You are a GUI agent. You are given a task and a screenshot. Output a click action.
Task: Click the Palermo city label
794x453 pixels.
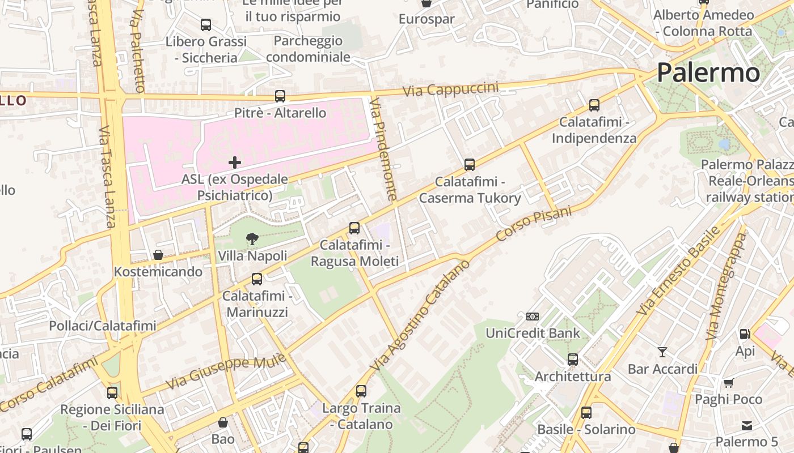708,73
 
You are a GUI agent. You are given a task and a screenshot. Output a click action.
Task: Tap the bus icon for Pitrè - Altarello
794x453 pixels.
280,96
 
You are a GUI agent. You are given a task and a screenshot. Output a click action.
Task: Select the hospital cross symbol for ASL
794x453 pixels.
234,163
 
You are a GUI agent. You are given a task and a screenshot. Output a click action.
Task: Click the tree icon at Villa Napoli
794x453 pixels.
252,239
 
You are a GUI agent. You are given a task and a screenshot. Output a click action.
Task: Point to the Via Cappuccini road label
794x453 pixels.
451,89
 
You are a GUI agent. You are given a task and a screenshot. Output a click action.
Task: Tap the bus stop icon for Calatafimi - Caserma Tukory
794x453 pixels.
470,165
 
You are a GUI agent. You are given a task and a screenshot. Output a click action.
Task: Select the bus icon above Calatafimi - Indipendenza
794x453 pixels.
594,105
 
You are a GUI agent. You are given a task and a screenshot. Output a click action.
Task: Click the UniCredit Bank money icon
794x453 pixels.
532,317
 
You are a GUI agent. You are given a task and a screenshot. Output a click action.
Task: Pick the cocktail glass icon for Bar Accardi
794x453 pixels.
662,352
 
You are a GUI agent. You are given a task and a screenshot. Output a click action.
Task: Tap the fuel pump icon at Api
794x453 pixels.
745,334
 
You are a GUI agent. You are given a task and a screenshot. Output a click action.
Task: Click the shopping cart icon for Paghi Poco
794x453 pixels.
728,383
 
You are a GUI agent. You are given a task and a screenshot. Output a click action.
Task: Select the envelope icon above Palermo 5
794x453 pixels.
746,425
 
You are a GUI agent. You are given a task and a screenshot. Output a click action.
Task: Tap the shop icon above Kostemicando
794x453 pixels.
158,255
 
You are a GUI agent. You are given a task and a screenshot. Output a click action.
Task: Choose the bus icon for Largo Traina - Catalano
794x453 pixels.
361,391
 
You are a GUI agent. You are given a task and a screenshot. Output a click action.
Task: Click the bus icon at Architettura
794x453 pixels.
573,360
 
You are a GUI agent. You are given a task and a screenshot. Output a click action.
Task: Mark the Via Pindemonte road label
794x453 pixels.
383,148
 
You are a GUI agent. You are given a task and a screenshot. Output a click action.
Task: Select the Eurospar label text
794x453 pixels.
426,19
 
